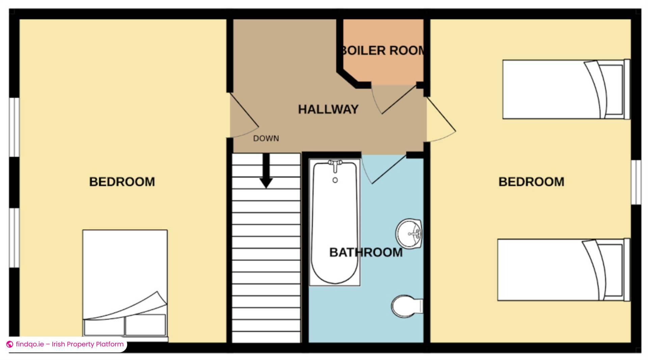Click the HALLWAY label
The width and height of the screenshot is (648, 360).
(328, 109)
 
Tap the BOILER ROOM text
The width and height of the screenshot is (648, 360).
(383, 51)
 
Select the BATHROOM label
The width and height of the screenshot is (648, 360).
(366, 252)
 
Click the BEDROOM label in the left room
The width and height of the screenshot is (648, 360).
(122, 182)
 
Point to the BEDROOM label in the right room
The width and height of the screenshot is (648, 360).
(531, 182)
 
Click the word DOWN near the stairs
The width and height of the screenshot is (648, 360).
(266, 138)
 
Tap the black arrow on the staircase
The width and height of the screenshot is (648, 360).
(266, 171)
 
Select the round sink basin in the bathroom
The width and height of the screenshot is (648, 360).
(409, 234)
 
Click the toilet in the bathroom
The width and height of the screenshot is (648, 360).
(407, 306)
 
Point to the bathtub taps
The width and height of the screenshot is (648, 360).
(335, 165)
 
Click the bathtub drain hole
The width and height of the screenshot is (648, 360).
(335, 180)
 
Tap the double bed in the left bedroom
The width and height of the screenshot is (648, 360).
(125, 285)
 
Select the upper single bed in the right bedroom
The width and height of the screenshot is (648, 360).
(566, 89)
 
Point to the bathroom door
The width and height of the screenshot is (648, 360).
(383, 169)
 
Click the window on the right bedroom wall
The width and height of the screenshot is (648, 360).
(636, 182)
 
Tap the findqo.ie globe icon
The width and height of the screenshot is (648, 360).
(10, 344)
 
